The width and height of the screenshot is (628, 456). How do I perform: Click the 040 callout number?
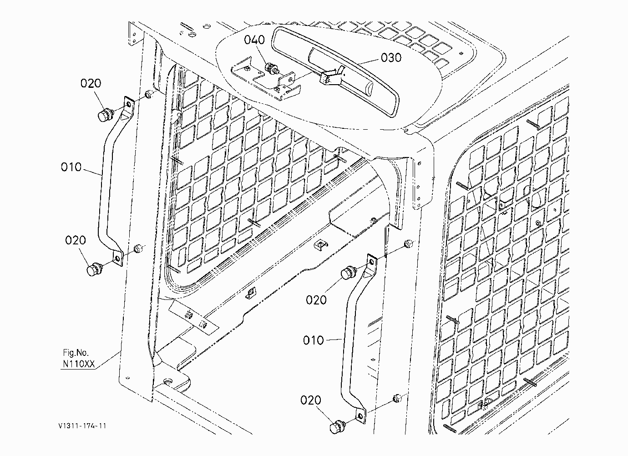click(254, 40)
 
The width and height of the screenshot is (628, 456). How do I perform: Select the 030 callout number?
click(391, 58)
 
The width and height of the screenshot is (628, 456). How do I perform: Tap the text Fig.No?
click(76, 353)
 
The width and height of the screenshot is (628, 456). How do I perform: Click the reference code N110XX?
click(79, 364)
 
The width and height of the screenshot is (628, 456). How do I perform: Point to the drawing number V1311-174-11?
click(82, 426)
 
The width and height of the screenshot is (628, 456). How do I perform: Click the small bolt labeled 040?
click(271, 68)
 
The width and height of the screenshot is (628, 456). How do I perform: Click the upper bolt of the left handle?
click(106, 114)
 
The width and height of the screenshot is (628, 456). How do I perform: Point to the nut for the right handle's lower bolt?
click(397, 398)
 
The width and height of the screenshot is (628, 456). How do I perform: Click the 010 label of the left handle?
click(71, 167)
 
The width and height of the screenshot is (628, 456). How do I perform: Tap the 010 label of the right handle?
click(314, 340)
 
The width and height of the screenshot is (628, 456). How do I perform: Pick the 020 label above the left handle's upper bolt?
click(91, 83)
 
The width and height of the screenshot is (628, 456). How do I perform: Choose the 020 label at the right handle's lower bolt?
click(311, 400)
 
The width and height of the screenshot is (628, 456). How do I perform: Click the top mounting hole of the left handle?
click(129, 105)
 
